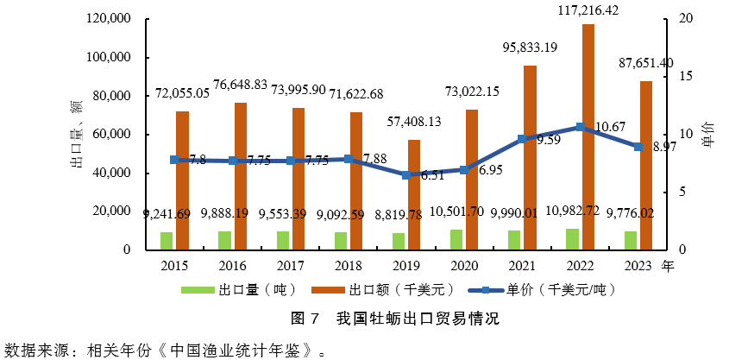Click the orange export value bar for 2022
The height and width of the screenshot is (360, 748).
[x=588, y=136]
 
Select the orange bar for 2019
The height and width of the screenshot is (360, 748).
[x=414, y=194]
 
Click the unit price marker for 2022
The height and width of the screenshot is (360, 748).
[x=580, y=127]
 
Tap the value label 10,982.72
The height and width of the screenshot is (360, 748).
[x=588, y=213]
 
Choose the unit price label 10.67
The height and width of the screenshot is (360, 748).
[x=611, y=127]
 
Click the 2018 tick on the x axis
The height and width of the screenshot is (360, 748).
[x=349, y=266]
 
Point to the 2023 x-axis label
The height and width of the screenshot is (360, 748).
[x=638, y=266]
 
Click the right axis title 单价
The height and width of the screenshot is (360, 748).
[x=707, y=134]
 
